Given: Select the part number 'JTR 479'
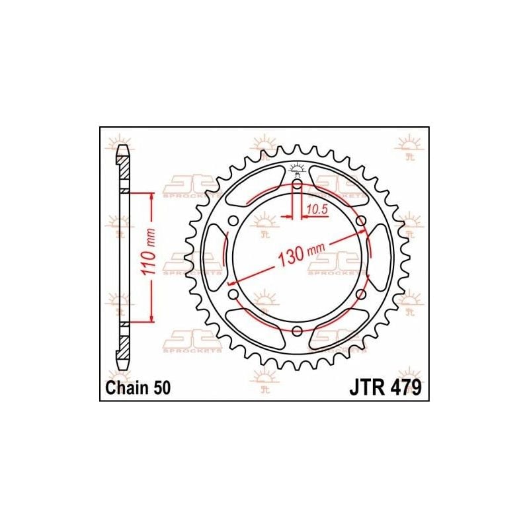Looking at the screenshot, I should (x=384, y=389).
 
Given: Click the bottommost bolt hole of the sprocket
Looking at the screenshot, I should (x=297, y=331).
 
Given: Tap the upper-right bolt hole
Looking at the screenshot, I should (x=360, y=220).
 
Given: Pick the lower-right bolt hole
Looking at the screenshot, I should (x=360, y=294).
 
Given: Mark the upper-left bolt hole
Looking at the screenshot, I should (x=233, y=220).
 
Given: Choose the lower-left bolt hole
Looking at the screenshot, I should (x=233, y=294).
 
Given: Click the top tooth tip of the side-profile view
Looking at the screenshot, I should (x=122, y=149).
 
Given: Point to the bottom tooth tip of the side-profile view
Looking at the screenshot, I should (x=122, y=367).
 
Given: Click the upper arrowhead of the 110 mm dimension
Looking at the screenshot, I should (x=153, y=196).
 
